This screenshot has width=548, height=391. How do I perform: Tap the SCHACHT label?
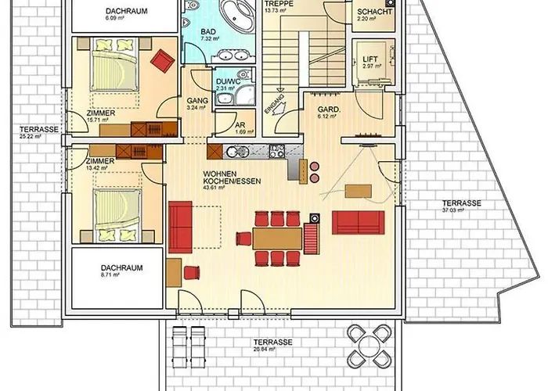pos(370,13)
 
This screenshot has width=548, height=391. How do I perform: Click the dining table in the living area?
pos(276,237)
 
